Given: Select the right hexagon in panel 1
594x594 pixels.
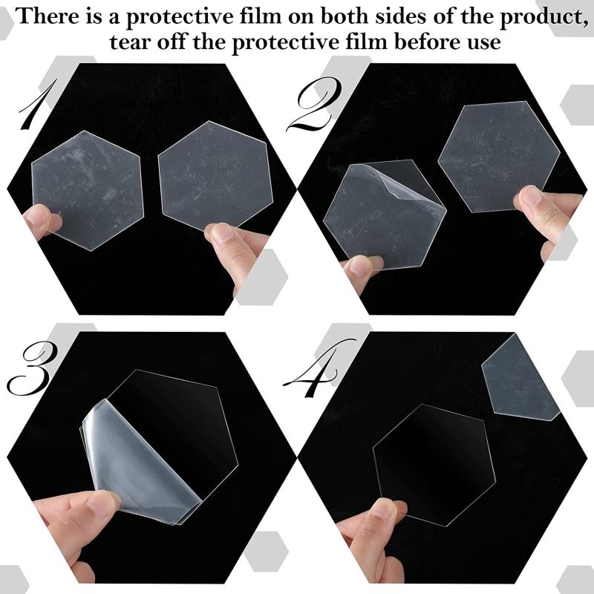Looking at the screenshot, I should (x=215, y=174).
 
